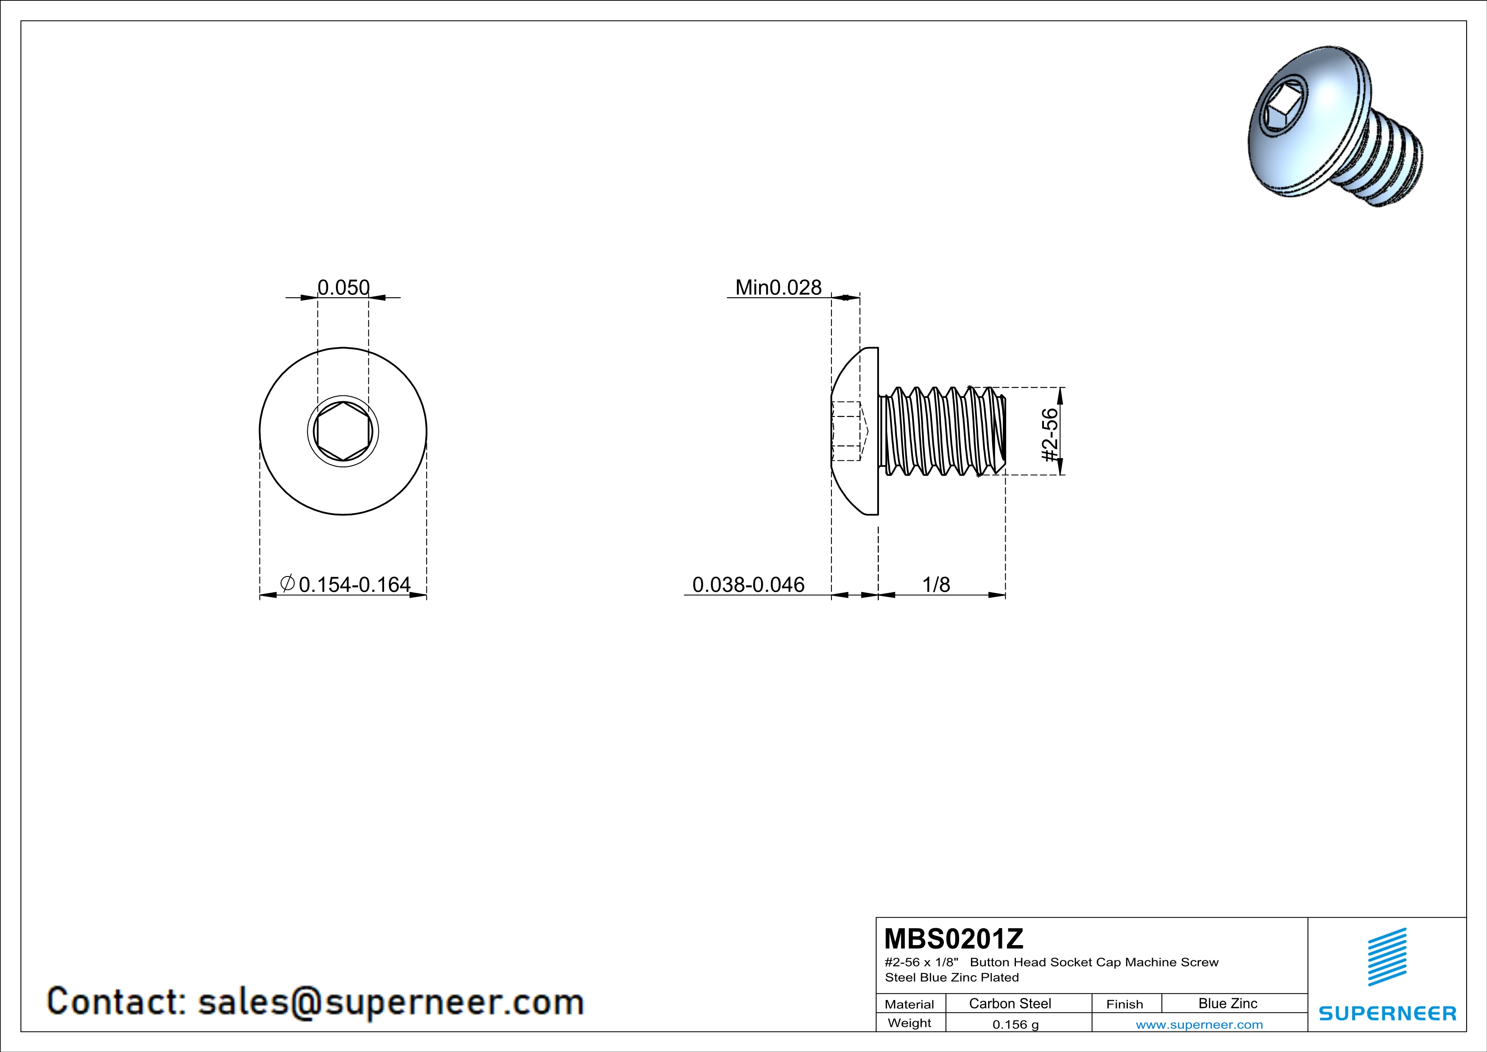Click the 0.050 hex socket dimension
pyautogui.click(x=343, y=287)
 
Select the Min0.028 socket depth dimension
pyautogui.click(x=778, y=287)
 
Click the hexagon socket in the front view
pyautogui.click(x=343, y=431)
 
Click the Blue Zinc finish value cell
pyautogui.click(x=1228, y=1003)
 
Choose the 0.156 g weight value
pyautogui.click(x=1016, y=1024)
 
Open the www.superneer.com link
pyautogui.click(x=1200, y=1024)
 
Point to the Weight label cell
pyautogui.click(x=909, y=1023)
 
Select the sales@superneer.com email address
pyautogui.click(x=391, y=1002)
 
